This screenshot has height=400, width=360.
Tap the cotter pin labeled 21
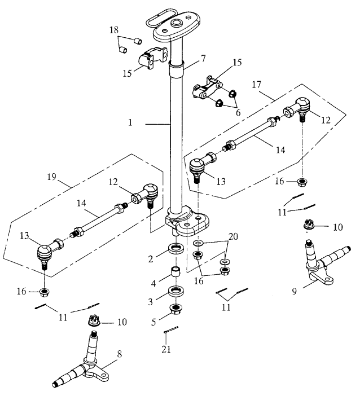[x=171, y=330]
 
